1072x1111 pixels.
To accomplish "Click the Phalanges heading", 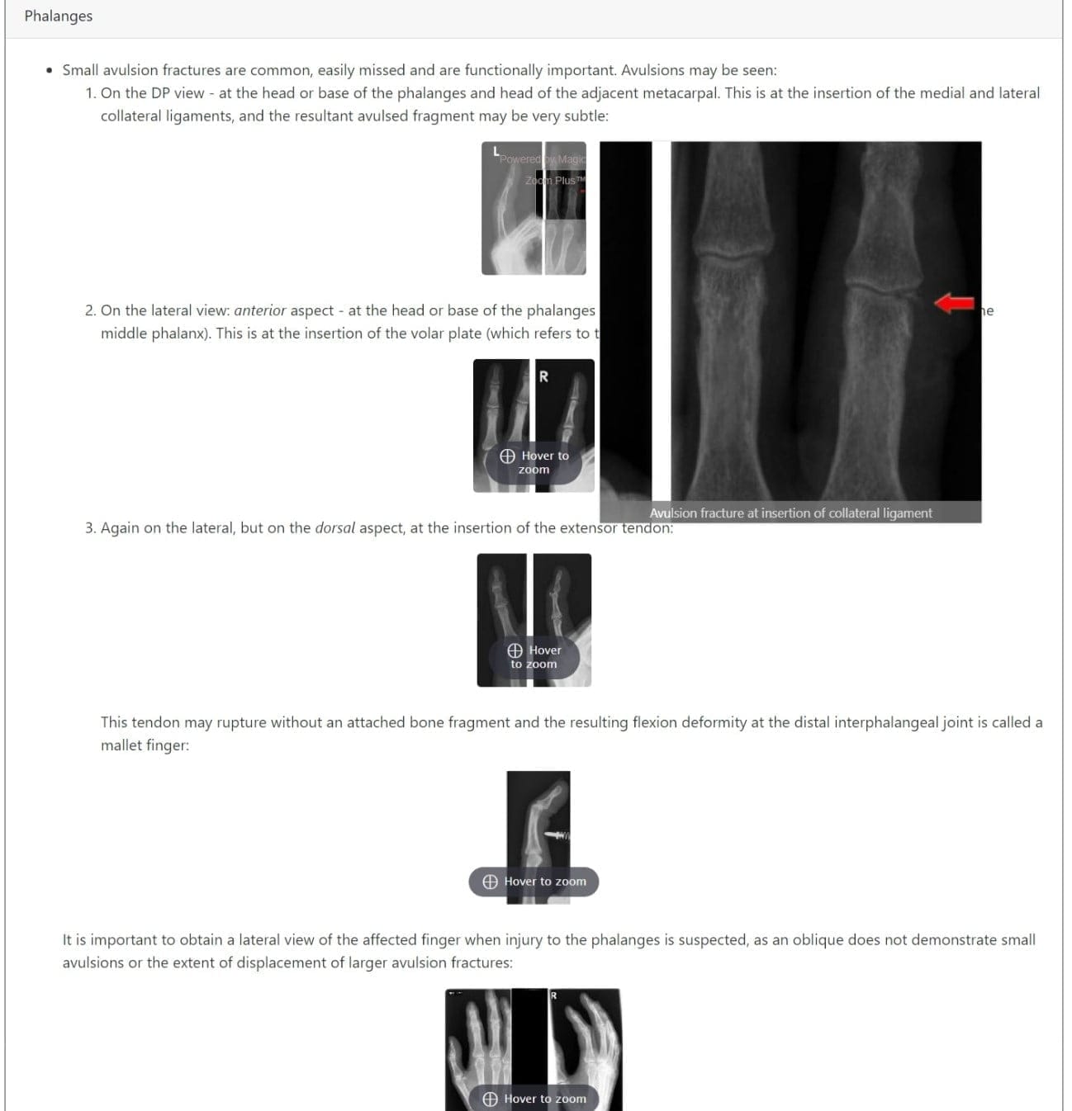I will click(x=58, y=16).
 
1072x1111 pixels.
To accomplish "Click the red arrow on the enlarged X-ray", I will click(x=955, y=304).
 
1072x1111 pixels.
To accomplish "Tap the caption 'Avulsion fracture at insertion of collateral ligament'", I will click(x=790, y=513).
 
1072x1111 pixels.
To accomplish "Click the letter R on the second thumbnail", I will click(x=543, y=376).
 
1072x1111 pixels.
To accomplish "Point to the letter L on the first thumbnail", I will click(x=496, y=151).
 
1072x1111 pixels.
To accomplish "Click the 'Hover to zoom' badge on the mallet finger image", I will click(x=534, y=882).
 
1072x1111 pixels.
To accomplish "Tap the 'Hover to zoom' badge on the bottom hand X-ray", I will click(x=534, y=1099).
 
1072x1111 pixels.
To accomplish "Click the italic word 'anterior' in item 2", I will click(x=259, y=310).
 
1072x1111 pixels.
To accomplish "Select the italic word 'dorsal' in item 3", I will click(x=334, y=527).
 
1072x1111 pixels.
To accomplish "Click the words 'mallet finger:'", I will click(x=145, y=745).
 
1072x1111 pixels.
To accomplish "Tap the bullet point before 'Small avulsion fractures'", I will click(x=50, y=70).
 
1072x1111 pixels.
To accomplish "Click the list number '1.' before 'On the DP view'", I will click(x=90, y=93).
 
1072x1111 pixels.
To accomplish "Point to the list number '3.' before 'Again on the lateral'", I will click(x=90, y=527).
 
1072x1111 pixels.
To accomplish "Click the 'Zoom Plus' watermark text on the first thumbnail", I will click(x=555, y=180).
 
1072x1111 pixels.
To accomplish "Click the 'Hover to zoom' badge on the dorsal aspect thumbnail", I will click(x=534, y=657).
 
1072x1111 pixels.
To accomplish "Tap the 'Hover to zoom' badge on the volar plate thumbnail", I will click(x=534, y=462).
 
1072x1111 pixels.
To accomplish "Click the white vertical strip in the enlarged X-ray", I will click(x=661, y=322).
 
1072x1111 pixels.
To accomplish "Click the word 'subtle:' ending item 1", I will click(x=586, y=116).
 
